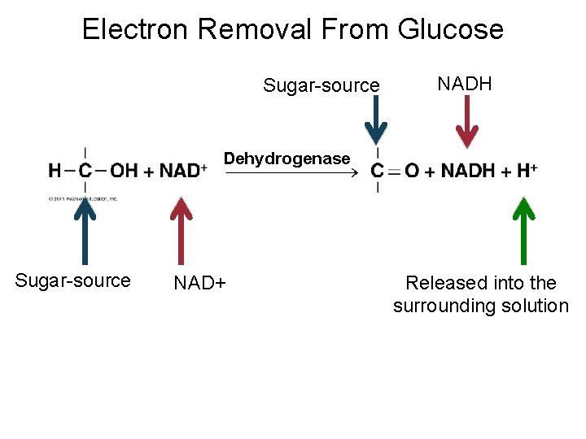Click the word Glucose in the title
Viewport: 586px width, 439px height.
[451, 30]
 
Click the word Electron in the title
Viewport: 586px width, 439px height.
[134, 30]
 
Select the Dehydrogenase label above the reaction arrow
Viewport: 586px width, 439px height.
[286, 159]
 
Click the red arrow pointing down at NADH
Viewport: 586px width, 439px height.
[467, 122]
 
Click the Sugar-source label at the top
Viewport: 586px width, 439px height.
[321, 85]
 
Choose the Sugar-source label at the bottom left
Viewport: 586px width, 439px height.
[72, 280]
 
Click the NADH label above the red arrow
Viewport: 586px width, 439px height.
[465, 84]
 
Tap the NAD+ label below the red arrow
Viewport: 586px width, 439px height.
[199, 284]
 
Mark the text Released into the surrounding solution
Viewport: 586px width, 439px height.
[480, 294]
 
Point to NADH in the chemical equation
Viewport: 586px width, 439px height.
[467, 171]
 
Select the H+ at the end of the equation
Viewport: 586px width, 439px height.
[527, 171]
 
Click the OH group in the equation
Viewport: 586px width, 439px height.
[124, 171]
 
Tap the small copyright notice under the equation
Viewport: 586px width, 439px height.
[83, 198]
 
